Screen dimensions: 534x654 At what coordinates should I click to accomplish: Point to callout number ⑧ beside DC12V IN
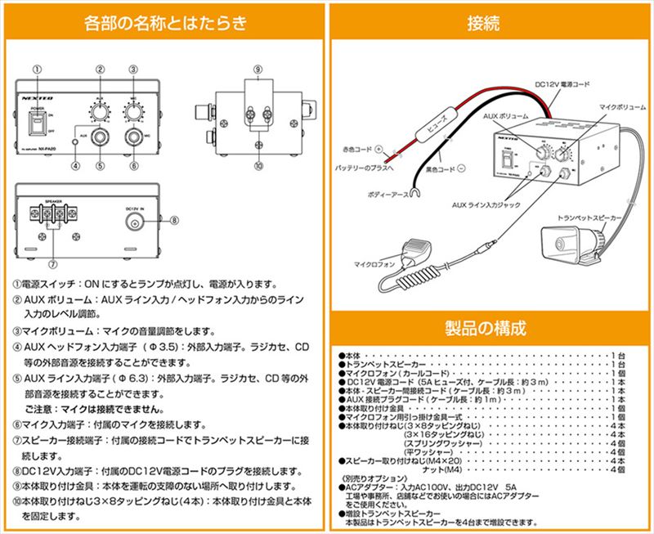pyautogui.click(x=173, y=219)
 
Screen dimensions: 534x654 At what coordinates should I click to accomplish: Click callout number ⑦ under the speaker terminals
pyautogui.click(x=53, y=263)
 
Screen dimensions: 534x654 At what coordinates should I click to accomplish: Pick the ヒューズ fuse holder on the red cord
pyautogui.click(x=436, y=128)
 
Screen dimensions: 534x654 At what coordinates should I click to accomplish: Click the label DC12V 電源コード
pyautogui.click(x=563, y=83)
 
